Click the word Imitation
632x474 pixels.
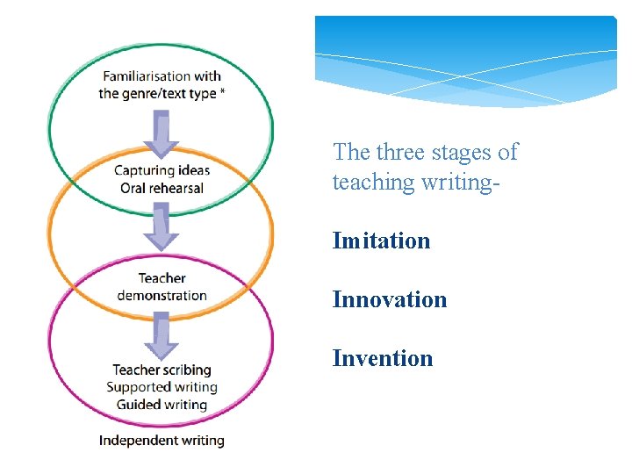(x=381, y=241)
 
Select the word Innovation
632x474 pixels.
(x=390, y=299)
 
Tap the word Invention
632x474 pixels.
(x=383, y=358)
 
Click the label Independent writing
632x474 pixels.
(x=162, y=440)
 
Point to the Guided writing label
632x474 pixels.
(x=162, y=405)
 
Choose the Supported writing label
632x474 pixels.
(x=162, y=387)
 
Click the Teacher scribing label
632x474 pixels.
(x=162, y=370)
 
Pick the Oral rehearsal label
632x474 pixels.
(x=162, y=188)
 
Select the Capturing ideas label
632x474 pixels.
(x=162, y=170)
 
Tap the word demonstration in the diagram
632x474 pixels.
(x=162, y=296)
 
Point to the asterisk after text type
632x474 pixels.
(x=222, y=91)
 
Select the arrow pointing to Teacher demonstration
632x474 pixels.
(x=162, y=226)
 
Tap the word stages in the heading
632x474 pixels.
(x=464, y=153)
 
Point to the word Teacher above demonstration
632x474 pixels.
(x=162, y=279)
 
